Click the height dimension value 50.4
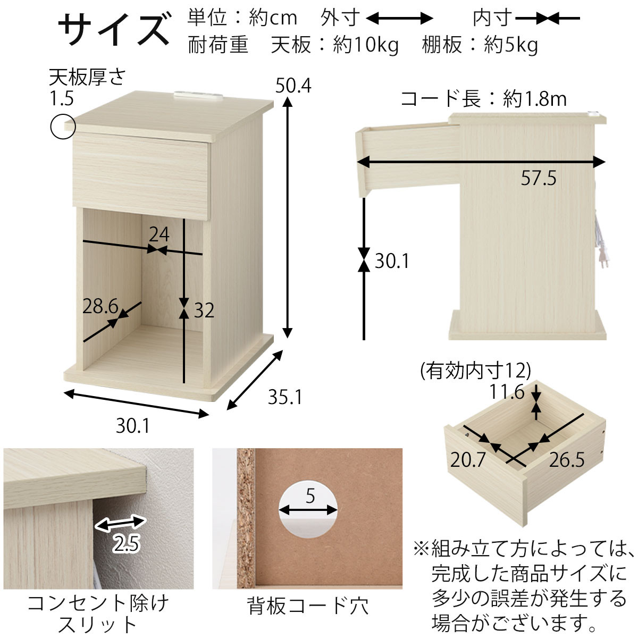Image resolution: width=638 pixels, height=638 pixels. point(293,85)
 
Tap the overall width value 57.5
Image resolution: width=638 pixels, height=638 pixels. point(538,178)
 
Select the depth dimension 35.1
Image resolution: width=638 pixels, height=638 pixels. point(284,397)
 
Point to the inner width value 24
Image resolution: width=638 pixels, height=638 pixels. point(159,234)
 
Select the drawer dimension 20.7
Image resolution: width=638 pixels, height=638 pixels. point(468,459)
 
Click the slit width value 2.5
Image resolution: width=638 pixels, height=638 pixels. point(126,543)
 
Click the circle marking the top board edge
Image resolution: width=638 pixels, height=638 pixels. point(63,127)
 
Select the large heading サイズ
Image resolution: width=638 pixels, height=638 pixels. point(113,29)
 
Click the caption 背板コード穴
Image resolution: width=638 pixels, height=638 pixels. point(308,606)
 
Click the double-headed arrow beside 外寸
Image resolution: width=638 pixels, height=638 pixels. point(400,19)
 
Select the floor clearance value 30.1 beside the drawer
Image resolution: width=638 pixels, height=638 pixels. point(392,261)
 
